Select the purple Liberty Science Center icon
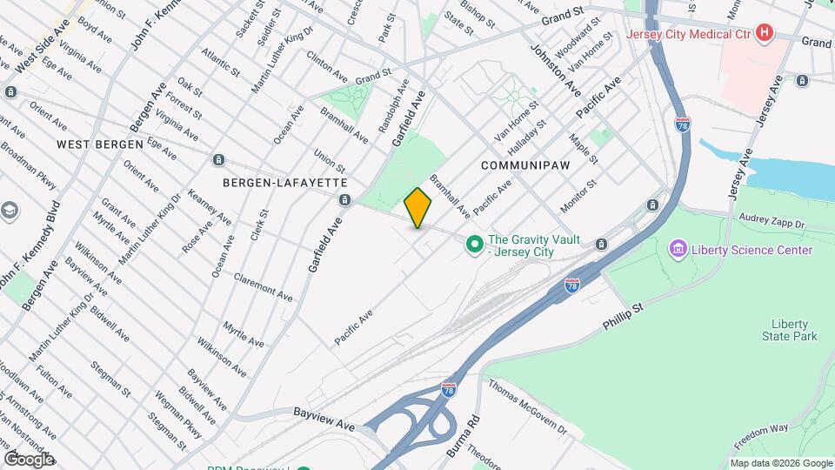[x=678, y=251]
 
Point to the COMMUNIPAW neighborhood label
[x=522, y=164]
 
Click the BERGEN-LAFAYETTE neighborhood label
[x=285, y=183]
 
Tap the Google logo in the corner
[x=29, y=459]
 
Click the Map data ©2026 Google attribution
[x=779, y=463]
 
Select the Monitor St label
[x=578, y=196]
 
